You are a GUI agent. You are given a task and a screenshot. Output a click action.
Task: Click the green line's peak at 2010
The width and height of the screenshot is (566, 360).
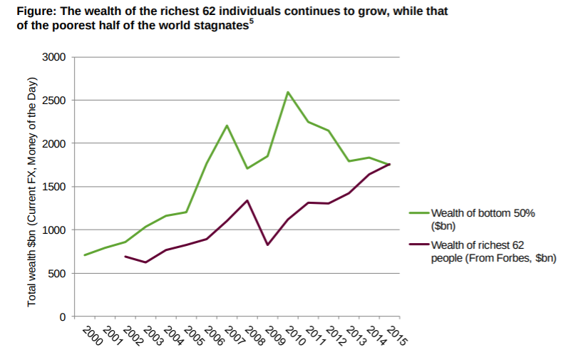coord(287,92)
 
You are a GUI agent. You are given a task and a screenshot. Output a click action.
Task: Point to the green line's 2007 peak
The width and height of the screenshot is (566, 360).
coord(227,125)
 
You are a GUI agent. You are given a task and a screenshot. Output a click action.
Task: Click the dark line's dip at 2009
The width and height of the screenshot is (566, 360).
coord(267,245)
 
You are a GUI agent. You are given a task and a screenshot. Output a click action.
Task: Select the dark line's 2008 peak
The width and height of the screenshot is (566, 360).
coord(247,200)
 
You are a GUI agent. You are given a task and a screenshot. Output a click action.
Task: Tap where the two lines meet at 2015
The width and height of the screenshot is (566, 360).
coord(389,164)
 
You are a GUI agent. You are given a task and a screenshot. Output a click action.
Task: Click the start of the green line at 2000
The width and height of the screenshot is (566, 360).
coord(85,255)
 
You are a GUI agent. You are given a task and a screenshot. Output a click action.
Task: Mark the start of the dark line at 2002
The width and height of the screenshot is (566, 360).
coord(125,256)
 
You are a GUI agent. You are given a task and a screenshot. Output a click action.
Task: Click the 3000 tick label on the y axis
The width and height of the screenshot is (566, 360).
coord(53,57)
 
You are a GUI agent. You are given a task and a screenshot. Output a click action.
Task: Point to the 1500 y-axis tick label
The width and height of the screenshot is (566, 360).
coord(53,187)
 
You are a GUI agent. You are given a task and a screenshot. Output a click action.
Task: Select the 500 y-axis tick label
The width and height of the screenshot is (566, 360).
coord(56,274)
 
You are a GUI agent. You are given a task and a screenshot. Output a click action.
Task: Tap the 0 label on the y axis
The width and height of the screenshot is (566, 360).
coord(62,317)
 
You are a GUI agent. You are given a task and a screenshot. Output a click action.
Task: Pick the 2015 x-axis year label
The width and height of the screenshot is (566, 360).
coord(396,335)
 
